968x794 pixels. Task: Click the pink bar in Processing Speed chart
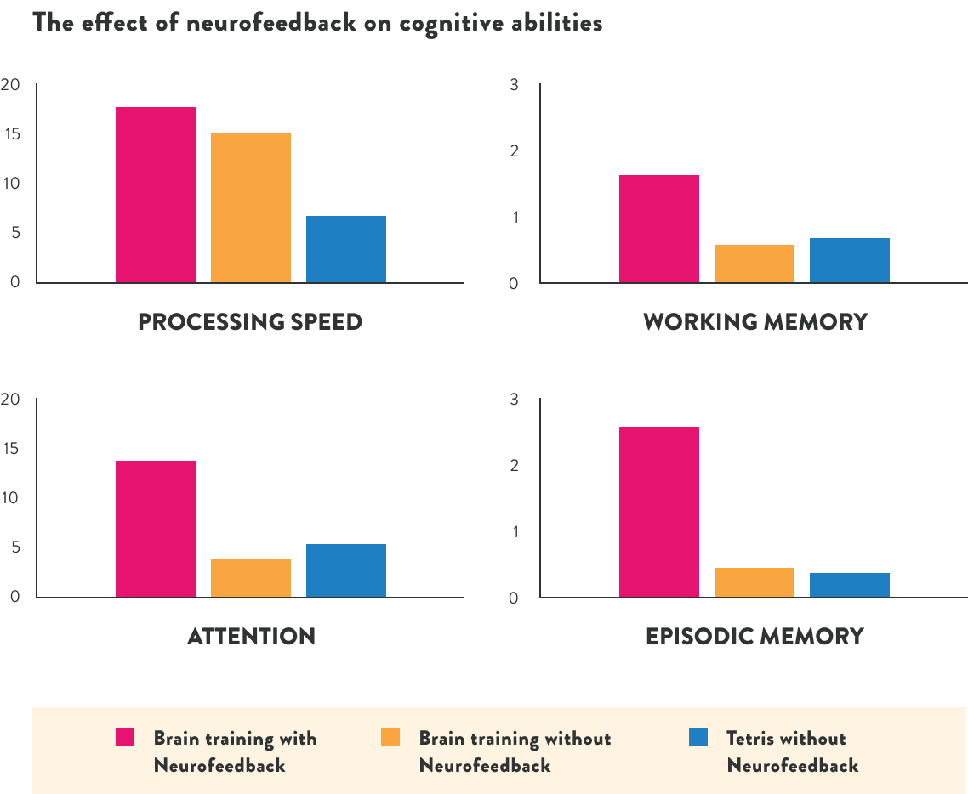pyautogui.click(x=156, y=195)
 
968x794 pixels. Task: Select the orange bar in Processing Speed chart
pyautogui.click(x=251, y=207)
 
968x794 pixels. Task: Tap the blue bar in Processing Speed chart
pyautogui.click(x=346, y=249)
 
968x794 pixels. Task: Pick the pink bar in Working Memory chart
pyautogui.click(x=659, y=229)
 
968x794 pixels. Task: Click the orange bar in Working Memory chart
pyautogui.click(x=754, y=264)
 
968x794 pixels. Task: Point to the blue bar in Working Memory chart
pyautogui.click(x=850, y=260)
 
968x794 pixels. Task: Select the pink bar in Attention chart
pyautogui.click(x=156, y=529)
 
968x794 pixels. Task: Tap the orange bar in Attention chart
pyautogui.click(x=251, y=578)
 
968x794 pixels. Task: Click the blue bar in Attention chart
pyautogui.click(x=346, y=570)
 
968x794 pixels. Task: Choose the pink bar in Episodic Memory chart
pyautogui.click(x=659, y=512)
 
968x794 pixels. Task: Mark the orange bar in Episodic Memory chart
pyautogui.click(x=754, y=582)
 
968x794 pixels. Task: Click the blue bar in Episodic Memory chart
pyautogui.click(x=850, y=585)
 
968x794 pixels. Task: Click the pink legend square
pyautogui.click(x=125, y=737)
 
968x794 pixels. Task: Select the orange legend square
pyautogui.click(x=390, y=737)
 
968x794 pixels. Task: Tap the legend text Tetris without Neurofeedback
pyautogui.click(x=792, y=751)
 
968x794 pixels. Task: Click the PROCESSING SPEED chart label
pyautogui.click(x=250, y=322)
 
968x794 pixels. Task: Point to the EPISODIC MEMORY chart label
pyautogui.click(x=754, y=636)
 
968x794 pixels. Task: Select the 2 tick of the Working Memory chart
pyautogui.click(x=514, y=150)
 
